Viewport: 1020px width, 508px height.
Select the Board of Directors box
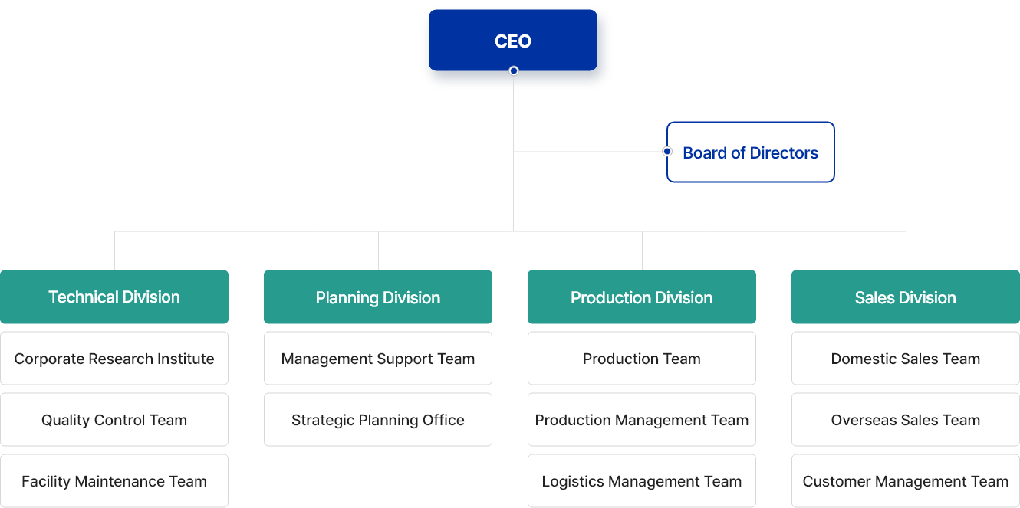[x=750, y=152]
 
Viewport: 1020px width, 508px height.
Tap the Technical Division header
[x=114, y=297]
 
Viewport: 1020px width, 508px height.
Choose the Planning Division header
[x=378, y=297]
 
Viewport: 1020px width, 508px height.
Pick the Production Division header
[x=642, y=297]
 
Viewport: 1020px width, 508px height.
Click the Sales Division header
[x=906, y=297]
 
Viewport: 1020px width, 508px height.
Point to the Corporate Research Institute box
[x=114, y=359]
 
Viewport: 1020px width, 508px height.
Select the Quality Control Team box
[x=114, y=420]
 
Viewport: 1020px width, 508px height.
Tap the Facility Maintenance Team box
[x=114, y=481]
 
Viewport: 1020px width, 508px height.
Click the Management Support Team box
[x=378, y=359]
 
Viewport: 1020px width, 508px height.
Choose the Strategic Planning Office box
[x=378, y=420]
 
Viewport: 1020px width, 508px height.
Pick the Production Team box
[x=642, y=359]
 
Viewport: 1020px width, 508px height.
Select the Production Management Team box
[x=642, y=420]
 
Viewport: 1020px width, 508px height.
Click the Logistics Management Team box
[x=642, y=481]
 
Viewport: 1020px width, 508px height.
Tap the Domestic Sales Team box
[x=906, y=359]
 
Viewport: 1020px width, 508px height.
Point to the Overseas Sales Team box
[x=906, y=420]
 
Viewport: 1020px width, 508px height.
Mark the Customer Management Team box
[x=906, y=481]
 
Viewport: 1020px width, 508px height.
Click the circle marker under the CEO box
[x=514, y=70]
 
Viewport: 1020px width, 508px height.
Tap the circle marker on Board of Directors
[x=667, y=152]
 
